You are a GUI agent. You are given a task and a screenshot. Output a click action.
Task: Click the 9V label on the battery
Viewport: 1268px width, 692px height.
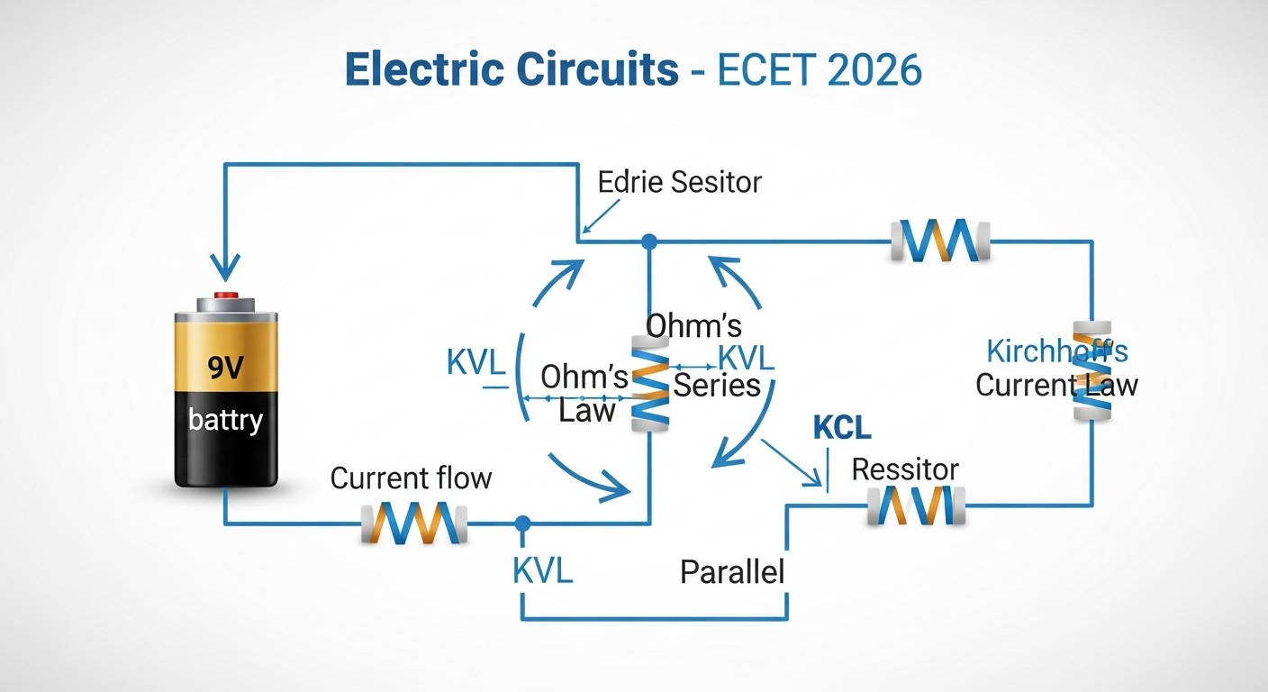coord(227,367)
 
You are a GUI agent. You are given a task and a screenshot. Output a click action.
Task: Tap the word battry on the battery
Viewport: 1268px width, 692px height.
coord(226,419)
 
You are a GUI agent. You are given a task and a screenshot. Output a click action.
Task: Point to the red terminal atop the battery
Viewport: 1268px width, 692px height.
coord(225,296)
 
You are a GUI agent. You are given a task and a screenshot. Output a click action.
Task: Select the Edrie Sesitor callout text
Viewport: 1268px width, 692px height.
coord(679,182)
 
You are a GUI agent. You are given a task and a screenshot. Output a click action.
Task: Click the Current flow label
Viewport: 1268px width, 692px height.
coord(411,478)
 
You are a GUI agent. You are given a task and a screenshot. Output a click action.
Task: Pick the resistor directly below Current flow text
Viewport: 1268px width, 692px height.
coord(415,523)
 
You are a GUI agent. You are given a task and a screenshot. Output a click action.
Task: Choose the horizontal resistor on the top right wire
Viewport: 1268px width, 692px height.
coord(940,241)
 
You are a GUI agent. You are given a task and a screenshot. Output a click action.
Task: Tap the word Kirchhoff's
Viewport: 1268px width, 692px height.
coord(1057,351)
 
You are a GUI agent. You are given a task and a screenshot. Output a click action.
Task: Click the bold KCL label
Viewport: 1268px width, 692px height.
coord(842,428)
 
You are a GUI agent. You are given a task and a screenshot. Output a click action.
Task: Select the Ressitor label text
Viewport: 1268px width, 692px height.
coord(905,469)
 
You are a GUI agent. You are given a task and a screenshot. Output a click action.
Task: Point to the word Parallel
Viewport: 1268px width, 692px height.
coord(732,571)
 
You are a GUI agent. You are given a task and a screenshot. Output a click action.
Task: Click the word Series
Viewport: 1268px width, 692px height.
coord(717,386)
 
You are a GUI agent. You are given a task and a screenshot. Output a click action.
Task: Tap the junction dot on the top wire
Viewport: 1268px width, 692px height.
coord(648,241)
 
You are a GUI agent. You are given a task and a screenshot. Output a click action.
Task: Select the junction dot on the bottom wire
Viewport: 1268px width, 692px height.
coord(521,523)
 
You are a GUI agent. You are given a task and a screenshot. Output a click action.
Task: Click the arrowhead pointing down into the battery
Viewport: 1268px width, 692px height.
coord(225,268)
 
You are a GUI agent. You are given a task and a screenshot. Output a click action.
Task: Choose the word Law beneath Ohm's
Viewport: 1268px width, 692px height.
coord(587,411)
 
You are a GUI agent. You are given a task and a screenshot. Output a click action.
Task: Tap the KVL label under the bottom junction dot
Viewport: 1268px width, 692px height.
coord(542,570)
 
